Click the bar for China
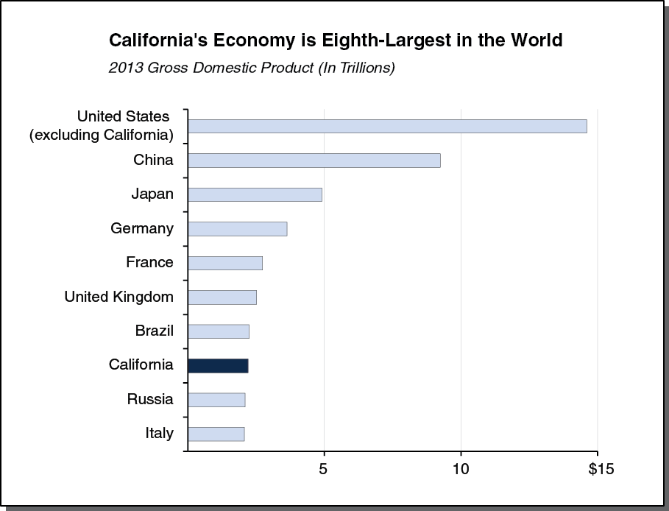[x=314, y=161]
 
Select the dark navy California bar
[x=218, y=365]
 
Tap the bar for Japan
[x=255, y=194]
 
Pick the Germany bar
[x=237, y=229]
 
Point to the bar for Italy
[x=216, y=434]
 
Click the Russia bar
[x=216, y=400]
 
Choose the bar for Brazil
[x=219, y=331]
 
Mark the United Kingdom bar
[x=222, y=297]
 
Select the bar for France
[x=225, y=263]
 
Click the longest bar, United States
[x=387, y=126]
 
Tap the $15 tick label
[x=601, y=469]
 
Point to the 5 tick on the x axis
[x=324, y=469]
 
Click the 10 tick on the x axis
[x=461, y=469]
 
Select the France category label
[x=149, y=263]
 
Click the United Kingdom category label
[x=119, y=297]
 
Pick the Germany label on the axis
[x=142, y=229]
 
